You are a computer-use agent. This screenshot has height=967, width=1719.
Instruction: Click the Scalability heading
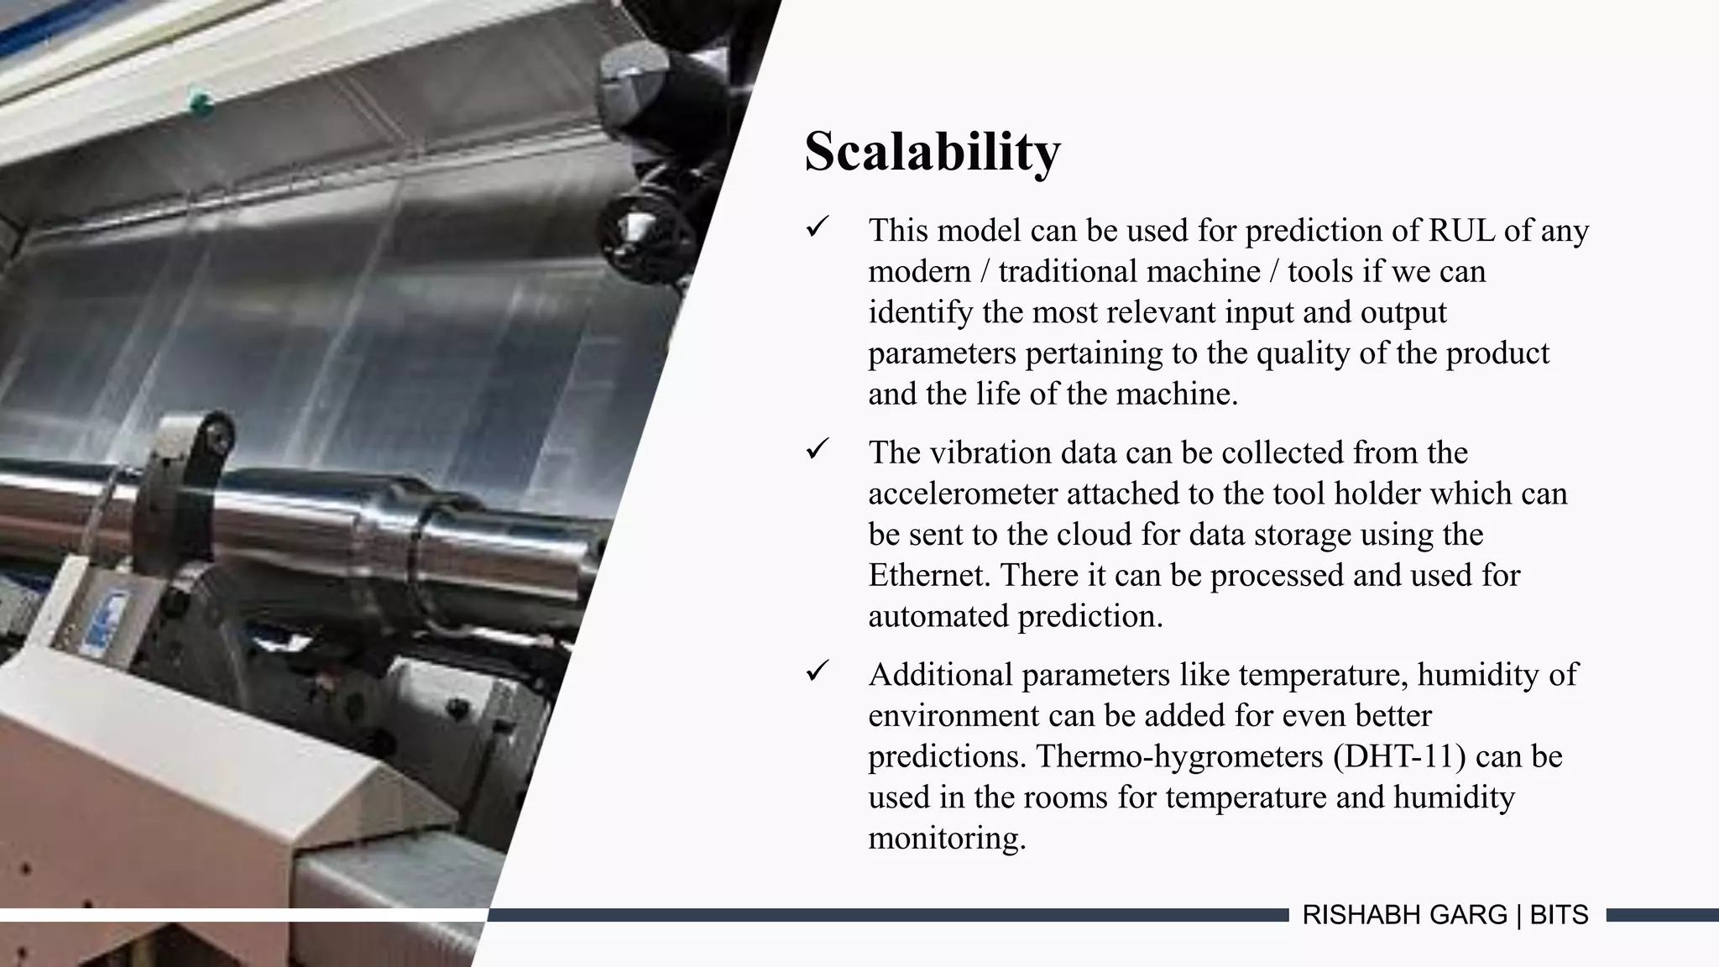(932, 152)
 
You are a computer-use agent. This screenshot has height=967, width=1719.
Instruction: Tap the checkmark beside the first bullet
(818, 227)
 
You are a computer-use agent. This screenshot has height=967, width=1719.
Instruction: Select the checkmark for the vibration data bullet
(818, 449)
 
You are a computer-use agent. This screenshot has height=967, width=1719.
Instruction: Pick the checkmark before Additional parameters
(818, 672)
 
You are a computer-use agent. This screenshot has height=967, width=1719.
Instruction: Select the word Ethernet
(929, 576)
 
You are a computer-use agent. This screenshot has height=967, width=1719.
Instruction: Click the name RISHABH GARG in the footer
(1404, 915)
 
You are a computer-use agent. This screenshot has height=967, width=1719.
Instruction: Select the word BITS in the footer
(1559, 915)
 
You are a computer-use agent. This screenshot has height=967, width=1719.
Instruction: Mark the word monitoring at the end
(946, 839)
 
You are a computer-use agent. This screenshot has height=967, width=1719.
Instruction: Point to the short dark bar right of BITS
(1662, 915)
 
